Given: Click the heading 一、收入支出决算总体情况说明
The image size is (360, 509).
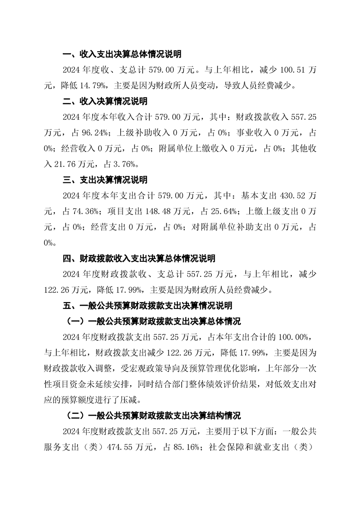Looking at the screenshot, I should click(122, 54).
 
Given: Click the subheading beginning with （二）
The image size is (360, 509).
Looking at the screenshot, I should click(151, 415).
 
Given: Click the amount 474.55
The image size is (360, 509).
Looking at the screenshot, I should click(121, 446).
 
